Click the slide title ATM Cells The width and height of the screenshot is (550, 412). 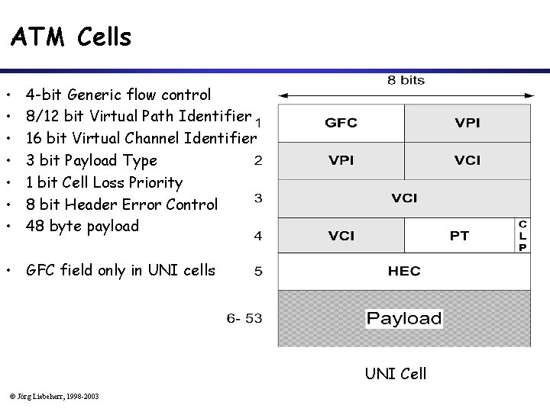click(71, 37)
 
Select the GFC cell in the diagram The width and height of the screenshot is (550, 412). click(341, 122)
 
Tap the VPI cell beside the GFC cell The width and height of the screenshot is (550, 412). click(467, 122)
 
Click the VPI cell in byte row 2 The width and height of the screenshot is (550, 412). click(341, 160)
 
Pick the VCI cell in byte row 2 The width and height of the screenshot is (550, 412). click(467, 160)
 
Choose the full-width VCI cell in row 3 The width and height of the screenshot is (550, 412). click(404, 198)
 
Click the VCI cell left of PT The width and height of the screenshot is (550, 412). click(341, 236)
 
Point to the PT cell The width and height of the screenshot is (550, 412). click(459, 236)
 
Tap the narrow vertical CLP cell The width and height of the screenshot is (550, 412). click(522, 236)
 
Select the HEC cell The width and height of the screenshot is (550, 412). click(404, 271)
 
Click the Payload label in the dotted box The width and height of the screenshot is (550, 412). click(404, 318)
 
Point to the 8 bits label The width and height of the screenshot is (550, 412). click(406, 80)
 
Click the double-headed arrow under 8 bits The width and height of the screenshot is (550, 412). click(404, 96)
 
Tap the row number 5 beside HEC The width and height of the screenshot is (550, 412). click(258, 271)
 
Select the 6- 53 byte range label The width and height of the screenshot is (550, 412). click(244, 318)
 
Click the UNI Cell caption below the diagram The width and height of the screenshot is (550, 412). click(395, 374)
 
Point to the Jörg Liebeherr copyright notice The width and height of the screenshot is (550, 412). click(54, 395)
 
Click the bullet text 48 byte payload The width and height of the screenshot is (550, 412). click(82, 226)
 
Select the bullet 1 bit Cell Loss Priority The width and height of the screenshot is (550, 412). click(104, 182)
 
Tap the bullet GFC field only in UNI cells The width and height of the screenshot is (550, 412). click(120, 270)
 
